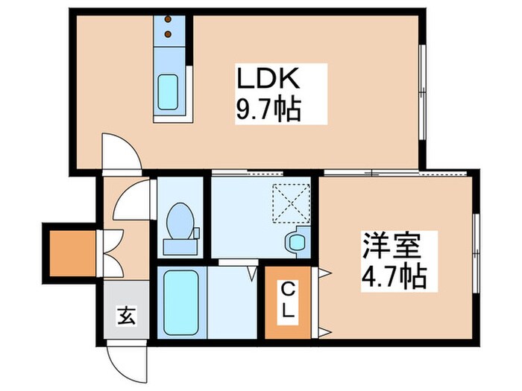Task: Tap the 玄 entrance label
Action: click(126, 316)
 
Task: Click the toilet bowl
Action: click(179, 220)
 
